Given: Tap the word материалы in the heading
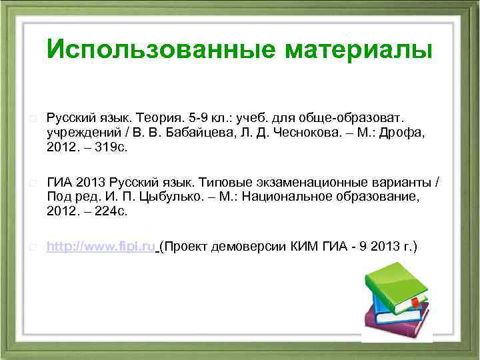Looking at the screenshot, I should (359, 49).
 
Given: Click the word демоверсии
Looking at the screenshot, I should (251, 247).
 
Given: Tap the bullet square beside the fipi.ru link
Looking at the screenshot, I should (33, 247).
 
